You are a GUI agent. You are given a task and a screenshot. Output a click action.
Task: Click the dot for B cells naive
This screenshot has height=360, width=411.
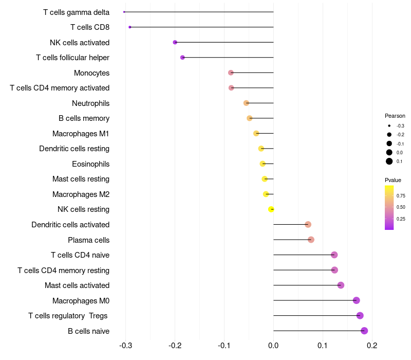point(364,331)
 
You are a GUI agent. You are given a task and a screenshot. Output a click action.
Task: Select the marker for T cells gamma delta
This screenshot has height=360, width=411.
point(124,12)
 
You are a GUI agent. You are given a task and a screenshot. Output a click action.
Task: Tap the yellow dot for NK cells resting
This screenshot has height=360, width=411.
point(271,209)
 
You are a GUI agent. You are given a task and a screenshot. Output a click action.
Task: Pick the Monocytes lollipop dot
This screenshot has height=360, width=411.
point(231,73)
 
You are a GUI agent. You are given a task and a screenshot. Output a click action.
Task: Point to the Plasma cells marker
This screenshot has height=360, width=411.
point(311,240)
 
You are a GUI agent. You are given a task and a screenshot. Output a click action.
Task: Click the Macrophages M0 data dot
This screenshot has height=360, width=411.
point(357,300)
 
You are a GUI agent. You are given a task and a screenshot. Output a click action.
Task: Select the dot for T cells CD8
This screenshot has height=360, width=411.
point(130,27)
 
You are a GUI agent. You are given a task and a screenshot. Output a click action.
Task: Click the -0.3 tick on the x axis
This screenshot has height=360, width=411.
point(125,346)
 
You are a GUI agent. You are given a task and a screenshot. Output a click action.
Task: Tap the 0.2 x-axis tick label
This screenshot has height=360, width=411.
point(372,346)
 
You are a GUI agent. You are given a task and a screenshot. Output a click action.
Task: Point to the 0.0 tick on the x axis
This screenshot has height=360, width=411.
point(273,346)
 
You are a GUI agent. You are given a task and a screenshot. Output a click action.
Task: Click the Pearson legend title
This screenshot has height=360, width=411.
point(395,116)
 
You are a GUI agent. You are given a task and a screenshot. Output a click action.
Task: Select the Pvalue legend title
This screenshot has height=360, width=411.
point(393,180)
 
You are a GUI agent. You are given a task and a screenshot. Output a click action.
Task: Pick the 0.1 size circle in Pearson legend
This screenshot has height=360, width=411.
point(389,161)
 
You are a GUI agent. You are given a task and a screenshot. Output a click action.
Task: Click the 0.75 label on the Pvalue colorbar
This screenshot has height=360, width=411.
point(401,196)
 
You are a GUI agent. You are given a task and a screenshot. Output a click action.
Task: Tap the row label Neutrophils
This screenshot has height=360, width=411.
point(90,103)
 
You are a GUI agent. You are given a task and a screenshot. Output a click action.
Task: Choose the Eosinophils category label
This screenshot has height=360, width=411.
point(90,164)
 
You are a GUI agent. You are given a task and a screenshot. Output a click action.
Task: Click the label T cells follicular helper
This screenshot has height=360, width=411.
point(72,58)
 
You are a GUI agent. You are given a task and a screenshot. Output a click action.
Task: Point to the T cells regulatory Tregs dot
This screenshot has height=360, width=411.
point(360,316)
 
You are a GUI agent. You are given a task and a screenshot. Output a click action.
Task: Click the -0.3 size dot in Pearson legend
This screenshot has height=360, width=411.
point(389,125)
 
